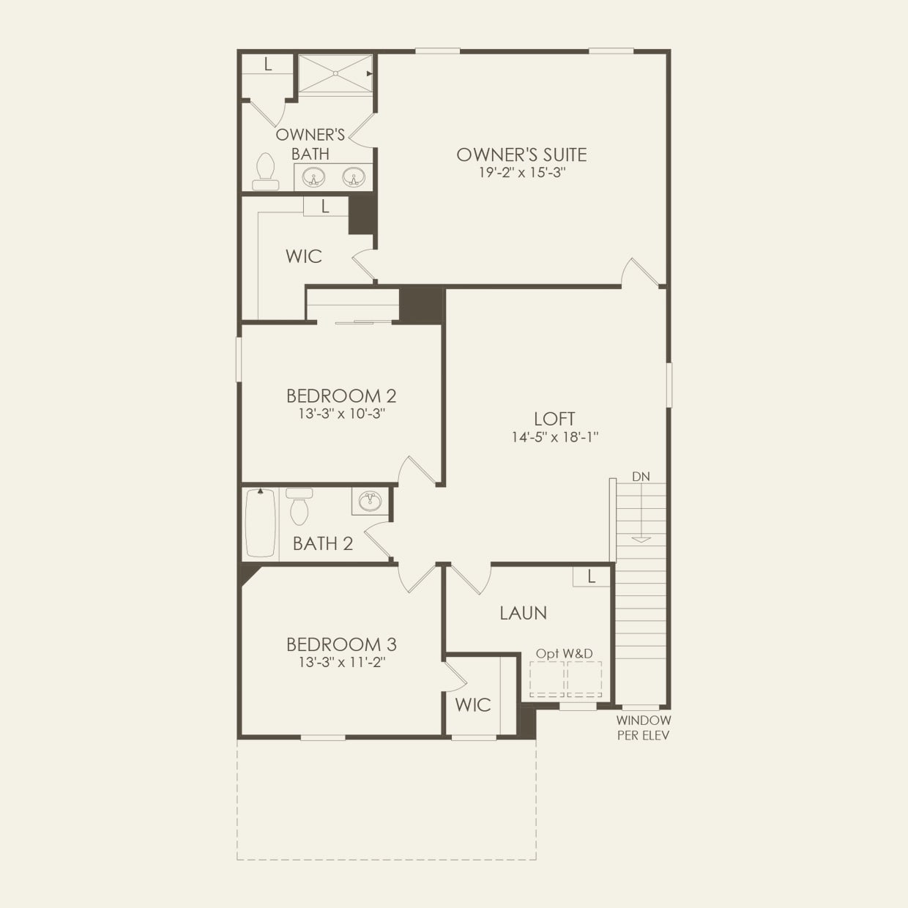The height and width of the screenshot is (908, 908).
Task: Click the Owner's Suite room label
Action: [x=521, y=155]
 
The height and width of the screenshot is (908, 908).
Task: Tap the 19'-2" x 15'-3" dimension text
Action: [x=521, y=173]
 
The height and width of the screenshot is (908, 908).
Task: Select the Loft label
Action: [x=554, y=419]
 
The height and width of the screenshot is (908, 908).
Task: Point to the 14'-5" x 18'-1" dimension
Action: [x=555, y=437]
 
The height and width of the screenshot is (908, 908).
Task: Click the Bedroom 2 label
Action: [x=341, y=396]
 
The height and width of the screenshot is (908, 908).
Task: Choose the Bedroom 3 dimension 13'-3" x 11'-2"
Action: [x=341, y=663]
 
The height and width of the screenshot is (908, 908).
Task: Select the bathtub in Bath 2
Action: [x=260, y=522]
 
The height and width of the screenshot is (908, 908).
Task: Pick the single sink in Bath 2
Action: [x=371, y=502]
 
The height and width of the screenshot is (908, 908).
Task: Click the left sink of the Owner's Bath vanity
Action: [x=314, y=177]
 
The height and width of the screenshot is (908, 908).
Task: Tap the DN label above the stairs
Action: [x=641, y=477]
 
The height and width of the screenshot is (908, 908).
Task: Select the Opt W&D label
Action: [x=564, y=653]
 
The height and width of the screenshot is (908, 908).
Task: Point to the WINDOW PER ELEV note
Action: [x=643, y=728]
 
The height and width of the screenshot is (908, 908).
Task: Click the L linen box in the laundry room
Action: [x=592, y=577]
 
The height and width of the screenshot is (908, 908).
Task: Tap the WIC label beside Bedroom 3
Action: [x=473, y=705]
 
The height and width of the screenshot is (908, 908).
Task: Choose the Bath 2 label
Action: [x=323, y=543]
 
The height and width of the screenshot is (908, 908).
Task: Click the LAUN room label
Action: [x=523, y=613]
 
